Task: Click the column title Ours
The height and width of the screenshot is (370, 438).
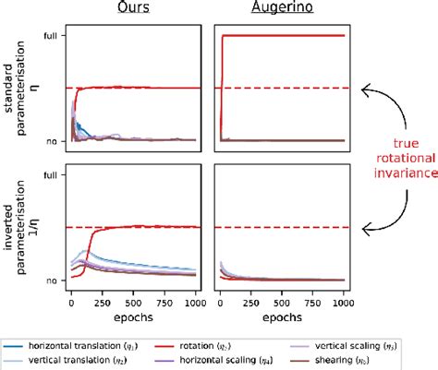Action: click(x=133, y=7)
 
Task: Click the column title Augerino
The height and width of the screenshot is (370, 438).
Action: click(x=280, y=7)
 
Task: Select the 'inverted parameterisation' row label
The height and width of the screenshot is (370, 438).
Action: click(x=20, y=226)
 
